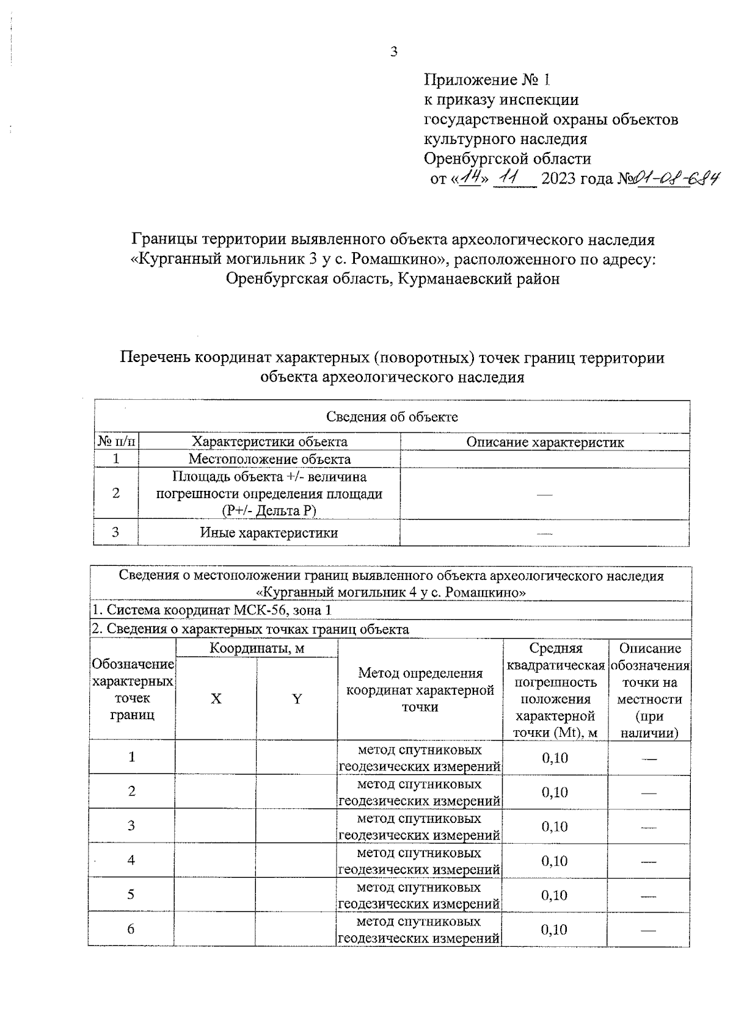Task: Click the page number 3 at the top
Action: pyautogui.click(x=393, y=52)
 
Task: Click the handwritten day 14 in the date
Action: pyautogui.click(x=469, y=178)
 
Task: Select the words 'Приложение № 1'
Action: pyautogui.click(x=487, y=79)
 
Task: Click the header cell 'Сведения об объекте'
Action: pyautogui.click(x=392, y=417)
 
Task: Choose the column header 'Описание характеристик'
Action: pyautogui.click(x=545, y=442)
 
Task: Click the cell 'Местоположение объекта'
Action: pyautogui.click(x=269, y=459)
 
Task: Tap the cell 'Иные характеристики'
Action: pyautogui.click(x=269, y=532)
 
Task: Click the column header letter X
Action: pyautogui.click(x=216, y=699)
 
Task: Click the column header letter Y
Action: pyautogui.click(x=297, y=699)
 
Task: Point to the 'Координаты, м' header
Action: pyautogui.click(x=257, y=648)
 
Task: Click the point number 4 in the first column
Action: pyautogui.click(x=131, y=860)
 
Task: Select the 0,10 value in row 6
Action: pyautogui.click(x=555, y=929)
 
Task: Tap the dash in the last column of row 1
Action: pyautogui.click(x=649, y=758)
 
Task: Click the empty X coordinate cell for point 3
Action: pyautogui.click(x=216, y=826)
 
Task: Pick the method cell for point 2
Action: pyautogui.click(x=420, y=792)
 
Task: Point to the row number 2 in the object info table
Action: pyautogui.click(x=116, y=493)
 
